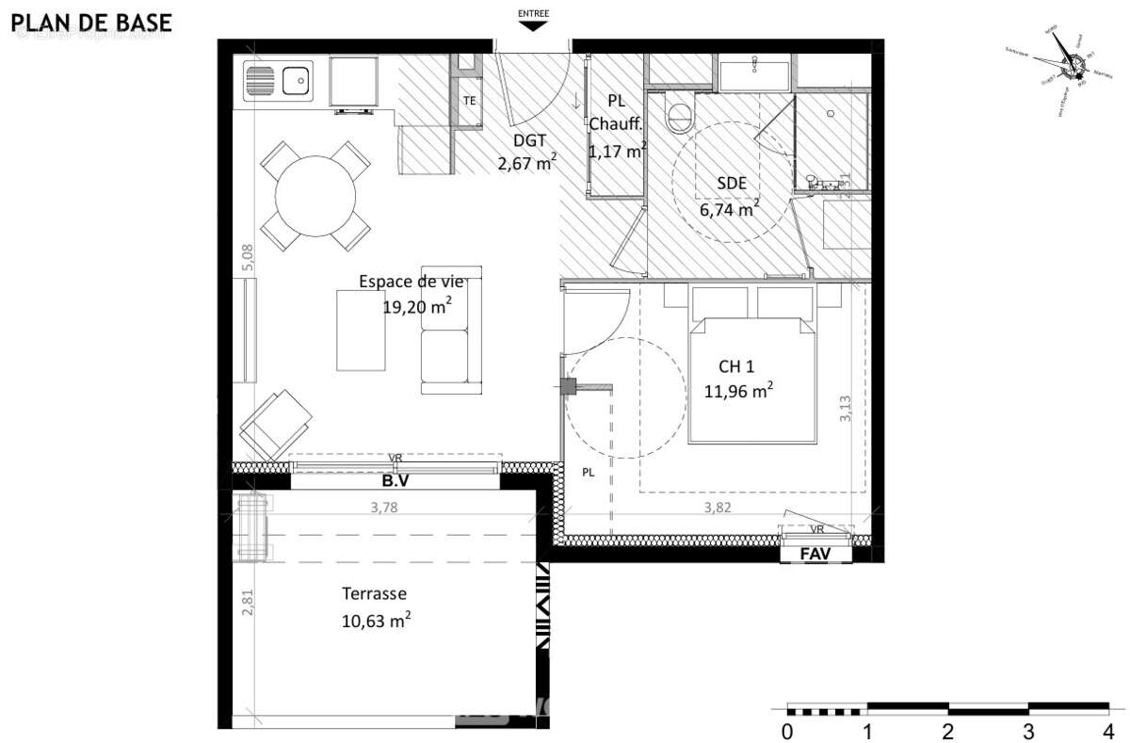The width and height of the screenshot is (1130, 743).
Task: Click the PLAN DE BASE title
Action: pos(91,23)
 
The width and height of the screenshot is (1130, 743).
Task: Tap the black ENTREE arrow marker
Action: pos(534,26)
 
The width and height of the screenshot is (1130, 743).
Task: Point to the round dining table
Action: pos(315,196)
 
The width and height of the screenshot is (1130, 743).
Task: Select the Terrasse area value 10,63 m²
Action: pos(376,621)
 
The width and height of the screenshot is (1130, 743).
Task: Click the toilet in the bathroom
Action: pos(678,116)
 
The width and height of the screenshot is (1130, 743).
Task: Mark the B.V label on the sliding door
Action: pos(395,480)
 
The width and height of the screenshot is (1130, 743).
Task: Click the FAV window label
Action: pos(815,555)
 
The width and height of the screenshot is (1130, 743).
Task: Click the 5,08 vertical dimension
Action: pos(248,258)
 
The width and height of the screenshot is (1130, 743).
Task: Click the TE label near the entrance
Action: pos(469,101)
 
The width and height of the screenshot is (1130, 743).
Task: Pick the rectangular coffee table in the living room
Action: pos(362,330)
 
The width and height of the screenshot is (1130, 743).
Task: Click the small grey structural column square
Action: pos(568,386)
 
